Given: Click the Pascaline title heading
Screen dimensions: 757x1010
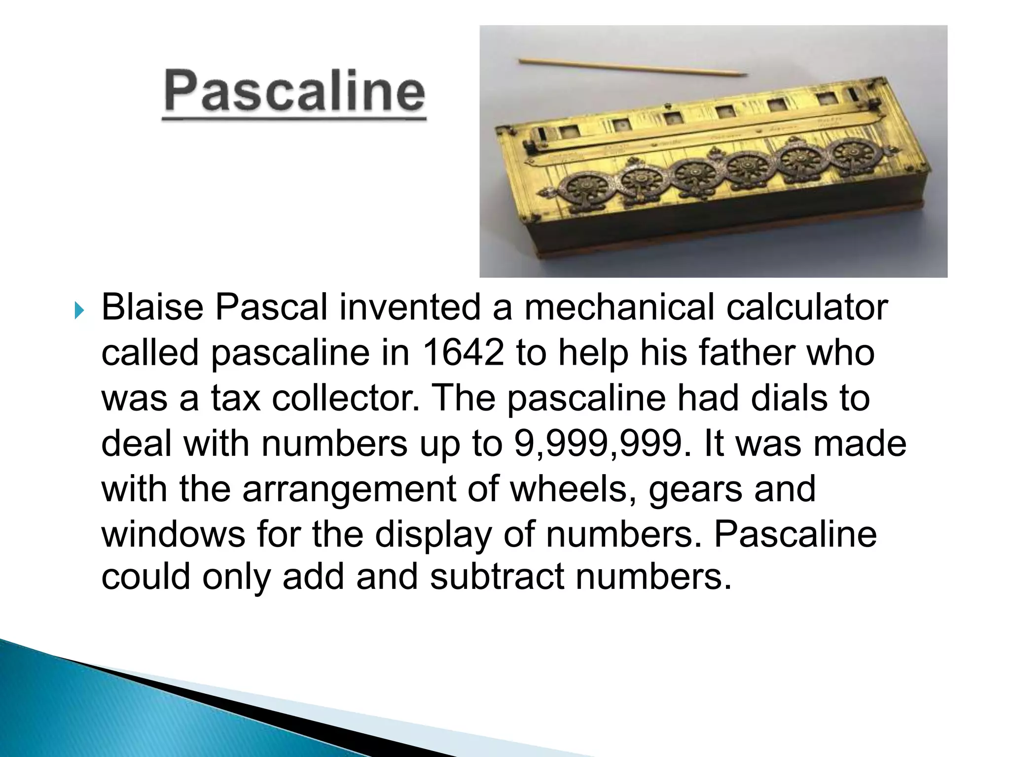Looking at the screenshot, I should coord(294,92).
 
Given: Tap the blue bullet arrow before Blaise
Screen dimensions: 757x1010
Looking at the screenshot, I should coord(79,311).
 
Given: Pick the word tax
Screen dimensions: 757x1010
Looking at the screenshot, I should coord(235,398).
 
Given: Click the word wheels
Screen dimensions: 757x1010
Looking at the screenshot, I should coord(572,489).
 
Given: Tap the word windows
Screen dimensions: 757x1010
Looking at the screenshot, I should coord(173,534).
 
